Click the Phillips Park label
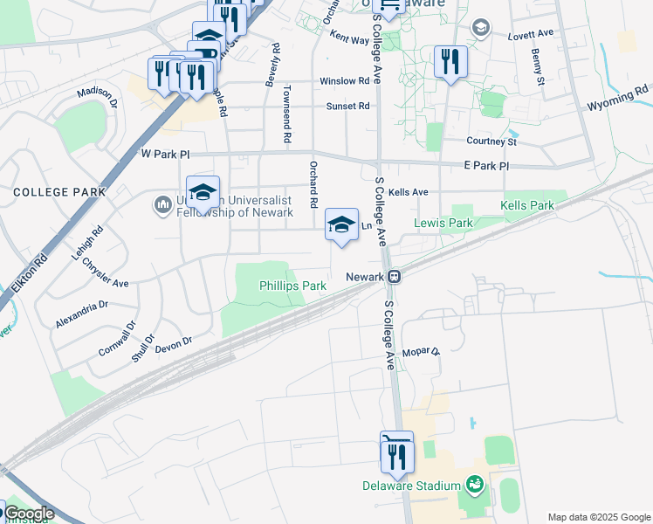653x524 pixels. (x=292, y=286)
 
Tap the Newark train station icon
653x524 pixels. (x=395, y=276)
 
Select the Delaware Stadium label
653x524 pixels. (x=411, y=486)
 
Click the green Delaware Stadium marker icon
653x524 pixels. (x=474, y=483)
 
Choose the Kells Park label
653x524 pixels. (x=527, y=206)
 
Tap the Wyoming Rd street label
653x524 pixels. (x=618, y=97)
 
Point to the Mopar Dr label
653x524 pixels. (x=422, y=352)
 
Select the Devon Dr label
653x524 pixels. (x=173, y=345)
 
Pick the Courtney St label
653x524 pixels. (x=492, y=141)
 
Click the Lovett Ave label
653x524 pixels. (x=531, y=33)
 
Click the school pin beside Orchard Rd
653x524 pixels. (x=341, y=225)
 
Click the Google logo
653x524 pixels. (x=28, y=514)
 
